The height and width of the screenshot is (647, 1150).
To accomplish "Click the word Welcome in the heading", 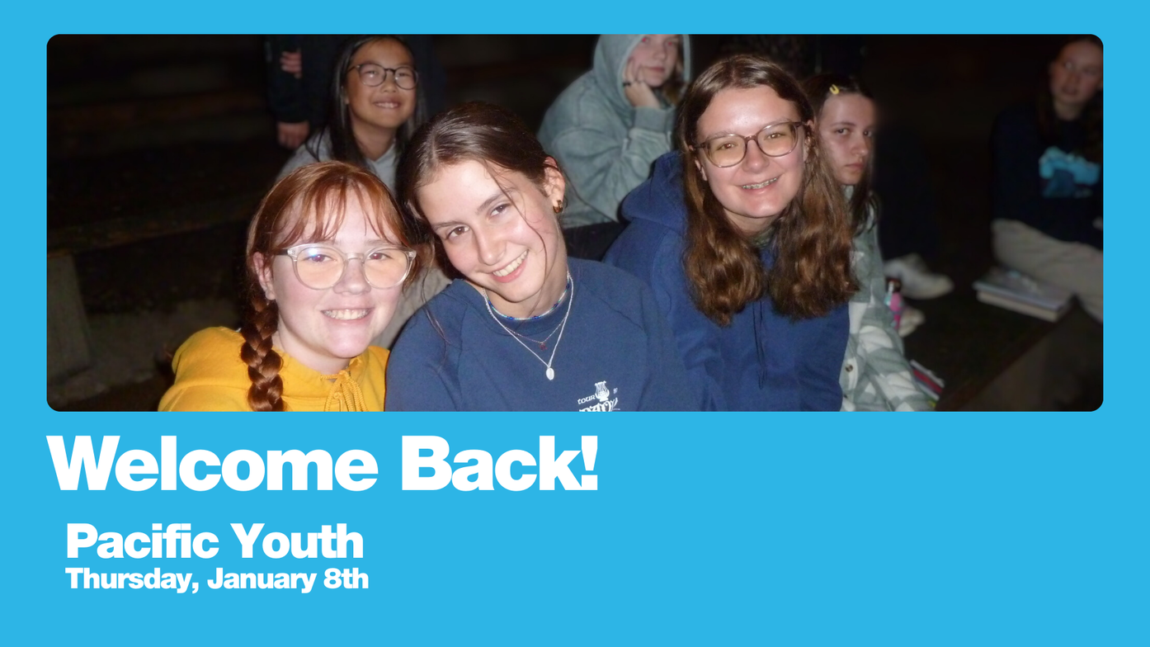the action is pos(213,463).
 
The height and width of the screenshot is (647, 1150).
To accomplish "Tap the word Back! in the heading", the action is pos(500,463).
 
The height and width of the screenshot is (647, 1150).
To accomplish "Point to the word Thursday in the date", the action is pos(132,579).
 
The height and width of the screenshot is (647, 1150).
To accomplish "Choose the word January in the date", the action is pos(262,579).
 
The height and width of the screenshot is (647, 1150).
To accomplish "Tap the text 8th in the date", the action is pos(346,579).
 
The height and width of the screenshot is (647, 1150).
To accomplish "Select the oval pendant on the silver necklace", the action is pos(550,373).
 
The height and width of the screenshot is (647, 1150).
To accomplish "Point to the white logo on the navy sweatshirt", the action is pos(599,396).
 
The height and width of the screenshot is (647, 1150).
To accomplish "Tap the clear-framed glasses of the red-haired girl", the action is pos(345,266).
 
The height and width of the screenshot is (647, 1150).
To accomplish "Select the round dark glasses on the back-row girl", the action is pos(384,75).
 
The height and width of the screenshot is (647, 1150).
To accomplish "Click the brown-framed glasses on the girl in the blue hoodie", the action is pos(750,144).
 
